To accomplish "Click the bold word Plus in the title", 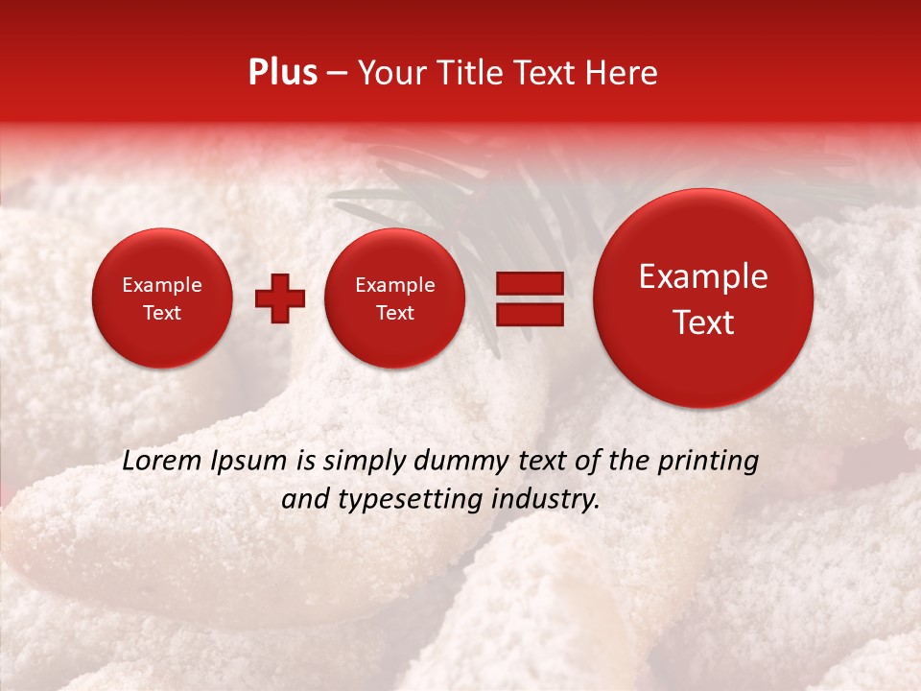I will pos(282,73).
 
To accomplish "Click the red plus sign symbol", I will pos(280,298).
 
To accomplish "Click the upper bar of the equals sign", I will pos(529,283).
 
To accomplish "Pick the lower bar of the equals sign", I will pos(529,314).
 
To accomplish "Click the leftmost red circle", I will pos(161,298).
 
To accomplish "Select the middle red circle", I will pos(395,298).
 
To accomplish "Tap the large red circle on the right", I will pos(703,298).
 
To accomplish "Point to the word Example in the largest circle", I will pos(703,276).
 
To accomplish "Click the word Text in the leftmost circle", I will pos(161,313).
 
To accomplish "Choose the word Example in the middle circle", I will pos(395,285).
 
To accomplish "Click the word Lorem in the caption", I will pos(160,461).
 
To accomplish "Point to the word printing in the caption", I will pos(707,462).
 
